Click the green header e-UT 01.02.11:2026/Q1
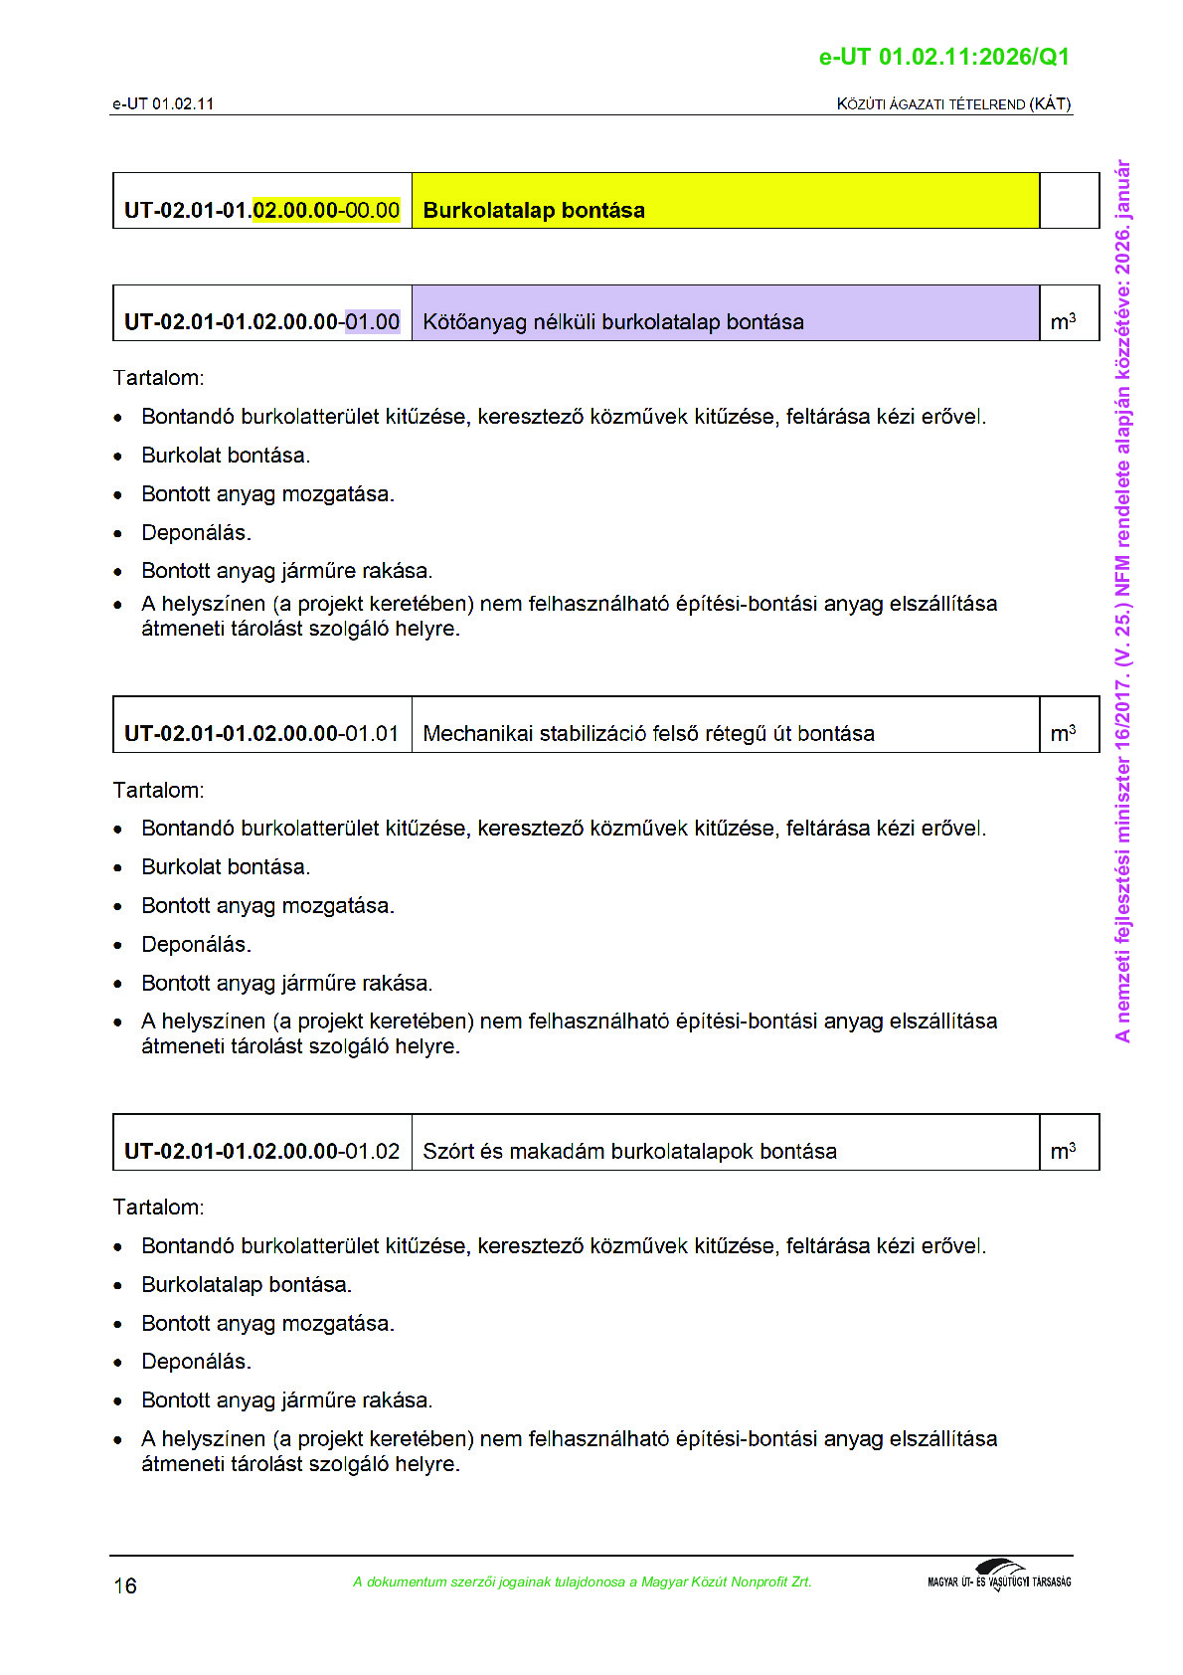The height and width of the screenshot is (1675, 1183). (943, 57)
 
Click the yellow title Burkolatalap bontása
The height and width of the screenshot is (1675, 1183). (534, 210)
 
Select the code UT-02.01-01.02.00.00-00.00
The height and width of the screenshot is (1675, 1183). (261, 210)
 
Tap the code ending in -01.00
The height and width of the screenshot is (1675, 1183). (261, 321)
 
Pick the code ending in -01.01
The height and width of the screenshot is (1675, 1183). (261, 733)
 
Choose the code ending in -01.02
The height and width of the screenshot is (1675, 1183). (261, 1151)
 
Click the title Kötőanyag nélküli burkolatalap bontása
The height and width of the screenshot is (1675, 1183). (612, 321)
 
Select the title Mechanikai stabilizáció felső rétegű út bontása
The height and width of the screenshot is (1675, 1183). (648, 733)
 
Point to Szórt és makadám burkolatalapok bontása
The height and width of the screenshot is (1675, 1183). (629, 1151)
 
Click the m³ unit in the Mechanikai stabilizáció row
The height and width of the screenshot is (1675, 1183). (1063, 733)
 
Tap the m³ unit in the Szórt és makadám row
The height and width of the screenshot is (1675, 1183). (1063, 1151)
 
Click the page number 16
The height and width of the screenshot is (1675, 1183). (125, 1585)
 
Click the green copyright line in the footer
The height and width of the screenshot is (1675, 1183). (582, 1582)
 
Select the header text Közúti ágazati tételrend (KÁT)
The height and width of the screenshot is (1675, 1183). (953, 103)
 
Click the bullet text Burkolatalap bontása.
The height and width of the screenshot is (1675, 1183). (246, 1284)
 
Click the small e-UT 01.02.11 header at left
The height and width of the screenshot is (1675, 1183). (163, 103)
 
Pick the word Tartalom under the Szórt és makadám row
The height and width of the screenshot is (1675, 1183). (158, 1207)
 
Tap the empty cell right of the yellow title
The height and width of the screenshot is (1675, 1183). (1069, 201)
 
